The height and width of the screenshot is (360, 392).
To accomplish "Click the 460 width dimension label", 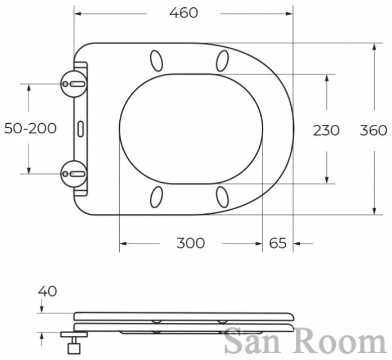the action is point(184,13).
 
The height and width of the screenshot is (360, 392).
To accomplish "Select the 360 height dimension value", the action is point(373,130).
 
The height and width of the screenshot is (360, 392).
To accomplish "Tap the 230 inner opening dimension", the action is point(326,130).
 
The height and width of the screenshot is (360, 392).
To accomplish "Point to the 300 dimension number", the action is point(191,243).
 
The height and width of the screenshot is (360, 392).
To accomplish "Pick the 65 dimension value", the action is point(278,243).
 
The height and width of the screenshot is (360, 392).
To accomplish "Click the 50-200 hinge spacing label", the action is point(30,129).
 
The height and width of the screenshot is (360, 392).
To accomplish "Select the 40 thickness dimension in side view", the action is point(47,291).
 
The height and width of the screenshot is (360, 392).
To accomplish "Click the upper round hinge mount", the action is point(74,84).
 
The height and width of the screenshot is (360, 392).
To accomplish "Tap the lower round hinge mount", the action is point(74,174).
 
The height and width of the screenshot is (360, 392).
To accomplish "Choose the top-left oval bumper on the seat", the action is point(156,61).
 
